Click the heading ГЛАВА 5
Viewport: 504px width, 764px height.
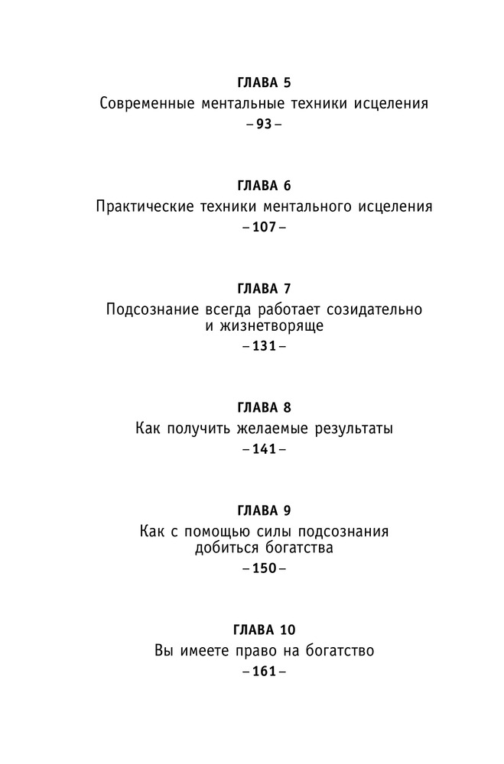264,83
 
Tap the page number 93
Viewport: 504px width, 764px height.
264,125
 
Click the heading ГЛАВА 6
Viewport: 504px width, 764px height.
264,186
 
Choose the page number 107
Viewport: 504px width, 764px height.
264,228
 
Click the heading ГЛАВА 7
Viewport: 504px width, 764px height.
264,289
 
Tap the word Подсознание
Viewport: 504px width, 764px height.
153,310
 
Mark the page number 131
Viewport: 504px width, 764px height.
264,346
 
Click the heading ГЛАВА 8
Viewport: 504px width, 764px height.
264,407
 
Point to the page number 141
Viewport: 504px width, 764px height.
264,449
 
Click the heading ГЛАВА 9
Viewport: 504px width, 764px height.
264,510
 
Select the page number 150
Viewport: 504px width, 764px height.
264,568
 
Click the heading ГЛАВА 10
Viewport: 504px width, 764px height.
264,630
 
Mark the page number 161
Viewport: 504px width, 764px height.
264,672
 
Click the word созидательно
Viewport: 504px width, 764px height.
374,310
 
